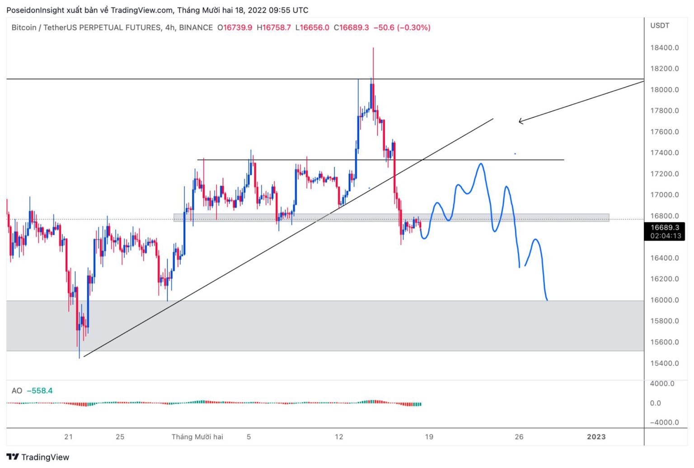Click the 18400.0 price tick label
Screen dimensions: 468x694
(664, 48)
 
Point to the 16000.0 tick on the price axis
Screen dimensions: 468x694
(664, 300)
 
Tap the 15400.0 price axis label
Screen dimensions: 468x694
(664, 363)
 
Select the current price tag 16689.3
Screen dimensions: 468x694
(665, 227)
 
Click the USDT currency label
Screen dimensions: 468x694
(660, 26)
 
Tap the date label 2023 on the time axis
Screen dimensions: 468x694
(596, 437)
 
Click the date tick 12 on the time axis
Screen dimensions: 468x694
(339, 437)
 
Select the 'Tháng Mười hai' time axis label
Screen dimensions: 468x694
(197, 437)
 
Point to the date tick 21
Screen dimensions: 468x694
(68, 437)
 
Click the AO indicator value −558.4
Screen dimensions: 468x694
(40, 391)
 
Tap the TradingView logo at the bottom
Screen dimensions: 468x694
(38, 457)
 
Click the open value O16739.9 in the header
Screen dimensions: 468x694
(235, 28)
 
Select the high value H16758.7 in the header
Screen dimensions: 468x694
(274, 28)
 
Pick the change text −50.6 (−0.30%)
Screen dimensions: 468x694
(402, 28)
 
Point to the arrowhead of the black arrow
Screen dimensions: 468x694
(520, 121)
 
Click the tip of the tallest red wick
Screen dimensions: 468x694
(373, 48)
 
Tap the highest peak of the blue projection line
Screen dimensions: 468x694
(481, 164)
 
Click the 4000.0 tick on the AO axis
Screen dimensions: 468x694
(662, 384)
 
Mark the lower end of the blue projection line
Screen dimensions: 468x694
(547, 300)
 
